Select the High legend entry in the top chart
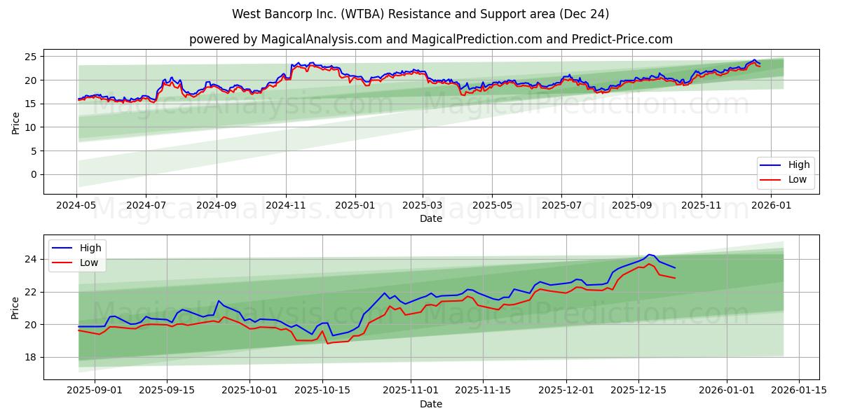point(798,164)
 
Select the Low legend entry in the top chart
point(798,179)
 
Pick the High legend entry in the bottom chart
point(90,248)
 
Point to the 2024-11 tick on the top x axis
point(285,206)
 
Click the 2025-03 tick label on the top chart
point(423,206)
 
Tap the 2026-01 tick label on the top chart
point(770,206)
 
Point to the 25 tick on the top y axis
point(32,56)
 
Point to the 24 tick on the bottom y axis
point(32,259)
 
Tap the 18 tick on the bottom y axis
point(32,357)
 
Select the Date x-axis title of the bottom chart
point(431,404)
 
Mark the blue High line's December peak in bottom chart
point(649,254)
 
